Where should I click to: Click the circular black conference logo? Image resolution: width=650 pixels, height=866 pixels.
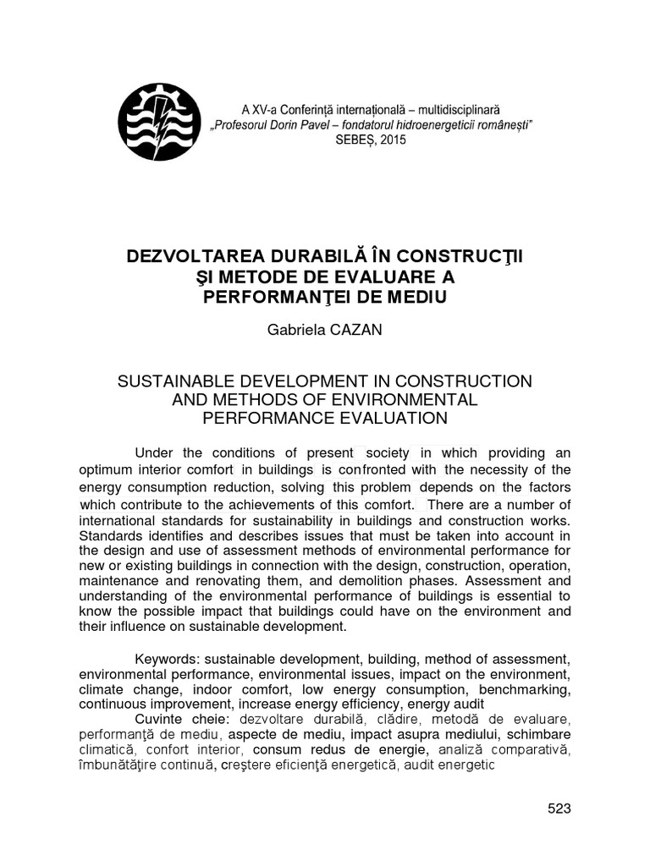tap(158, 126)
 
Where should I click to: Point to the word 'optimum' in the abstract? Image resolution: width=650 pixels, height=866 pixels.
tap(107, 470)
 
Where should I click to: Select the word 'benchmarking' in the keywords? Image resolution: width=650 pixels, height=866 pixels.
tap(526, 689)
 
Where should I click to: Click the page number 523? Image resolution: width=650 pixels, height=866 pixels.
tap(559, 808)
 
